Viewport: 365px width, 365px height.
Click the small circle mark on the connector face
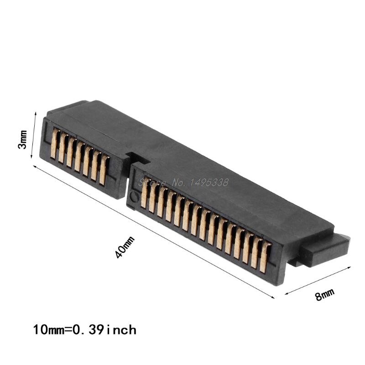(134, 197)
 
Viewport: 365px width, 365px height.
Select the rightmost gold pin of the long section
(265, 258)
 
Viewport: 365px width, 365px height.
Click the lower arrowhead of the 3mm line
(31, 157)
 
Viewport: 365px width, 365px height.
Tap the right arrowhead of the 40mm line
(275, 299)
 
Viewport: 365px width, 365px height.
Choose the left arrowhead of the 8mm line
(286, 295)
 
